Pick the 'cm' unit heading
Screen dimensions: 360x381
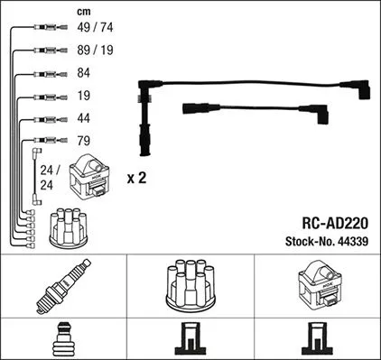(60, 11)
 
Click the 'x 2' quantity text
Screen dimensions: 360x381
(136, 179)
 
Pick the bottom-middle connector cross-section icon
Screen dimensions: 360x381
(190, 339)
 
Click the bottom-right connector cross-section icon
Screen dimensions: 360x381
(318, 339)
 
